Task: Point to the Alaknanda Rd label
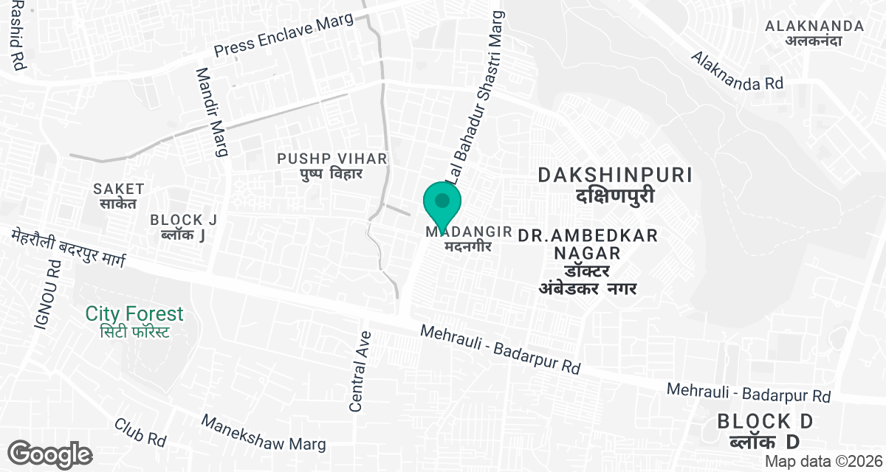pos(736,71)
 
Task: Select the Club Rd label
pos(140,433)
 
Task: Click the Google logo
pos(49,454)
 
